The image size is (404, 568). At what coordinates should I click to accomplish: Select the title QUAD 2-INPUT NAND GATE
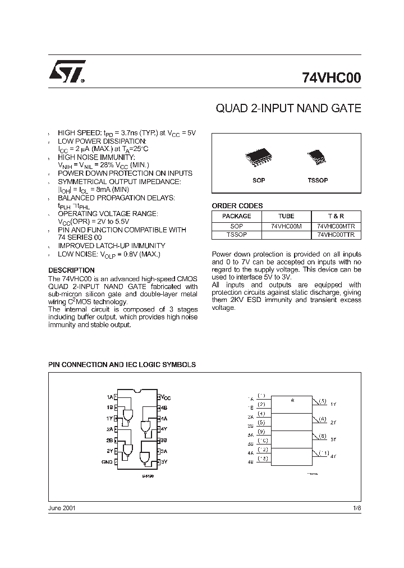coord(288,108)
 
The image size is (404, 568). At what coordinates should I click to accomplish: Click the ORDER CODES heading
coord(237,206)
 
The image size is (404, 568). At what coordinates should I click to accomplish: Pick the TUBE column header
coord(286,216)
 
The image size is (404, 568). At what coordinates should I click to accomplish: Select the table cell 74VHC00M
coord(286,226)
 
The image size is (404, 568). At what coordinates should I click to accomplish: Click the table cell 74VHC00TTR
coord(336,235)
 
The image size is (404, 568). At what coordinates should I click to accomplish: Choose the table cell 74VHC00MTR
coord(336,226)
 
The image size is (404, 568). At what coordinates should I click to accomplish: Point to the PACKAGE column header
coord(237,216)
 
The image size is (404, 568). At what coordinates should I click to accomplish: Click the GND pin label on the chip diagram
coord(107,461)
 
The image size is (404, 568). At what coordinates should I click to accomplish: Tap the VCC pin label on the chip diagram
coord(166,397)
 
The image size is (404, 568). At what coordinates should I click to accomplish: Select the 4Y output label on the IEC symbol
coord(333,456)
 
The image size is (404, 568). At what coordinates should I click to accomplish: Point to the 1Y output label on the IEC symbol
coord(333,404)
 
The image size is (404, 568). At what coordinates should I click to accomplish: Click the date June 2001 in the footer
coord(62,507)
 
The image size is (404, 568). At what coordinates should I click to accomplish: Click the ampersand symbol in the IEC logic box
coord(292,400)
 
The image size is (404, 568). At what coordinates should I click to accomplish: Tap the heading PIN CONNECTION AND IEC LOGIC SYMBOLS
coord(122,364)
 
